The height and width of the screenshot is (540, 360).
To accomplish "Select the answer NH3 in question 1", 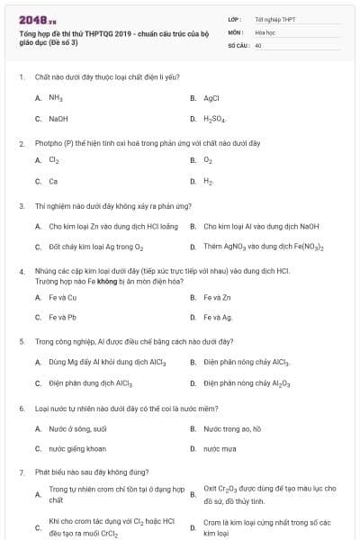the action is tap(55, 98).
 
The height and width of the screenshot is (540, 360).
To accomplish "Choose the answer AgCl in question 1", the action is tap(211, 98).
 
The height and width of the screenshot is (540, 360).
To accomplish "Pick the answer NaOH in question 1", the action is tap(58, 118).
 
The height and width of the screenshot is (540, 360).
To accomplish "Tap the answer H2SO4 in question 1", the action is tap(215, 119).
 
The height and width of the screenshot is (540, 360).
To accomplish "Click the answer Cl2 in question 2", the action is tap(54, 160).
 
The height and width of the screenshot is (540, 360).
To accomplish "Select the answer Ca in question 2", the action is tap(53, 181).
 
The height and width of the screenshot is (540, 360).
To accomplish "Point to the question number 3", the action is tap(21, 206).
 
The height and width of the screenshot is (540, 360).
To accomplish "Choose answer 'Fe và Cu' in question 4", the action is tap(63, 297).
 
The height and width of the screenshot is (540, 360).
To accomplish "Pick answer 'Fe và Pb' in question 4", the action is tap(63, 317).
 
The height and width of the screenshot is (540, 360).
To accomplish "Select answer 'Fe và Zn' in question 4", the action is tap(218, 297).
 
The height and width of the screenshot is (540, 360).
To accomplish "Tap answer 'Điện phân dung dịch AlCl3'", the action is tap(90, 382).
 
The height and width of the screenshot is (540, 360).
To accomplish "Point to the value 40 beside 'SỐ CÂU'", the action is tap(258, 44).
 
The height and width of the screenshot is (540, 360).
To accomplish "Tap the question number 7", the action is tap(21, 472).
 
